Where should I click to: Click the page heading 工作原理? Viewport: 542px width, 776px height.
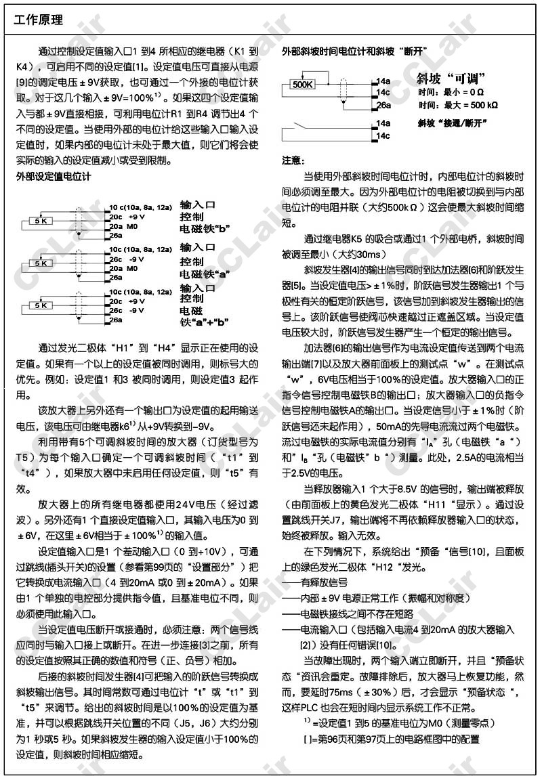(39, 20)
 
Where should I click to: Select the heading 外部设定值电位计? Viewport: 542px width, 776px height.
(54, 176)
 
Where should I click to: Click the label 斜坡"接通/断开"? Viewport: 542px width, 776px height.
(453, 123)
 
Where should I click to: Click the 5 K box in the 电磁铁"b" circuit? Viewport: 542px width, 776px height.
(41, 221)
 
